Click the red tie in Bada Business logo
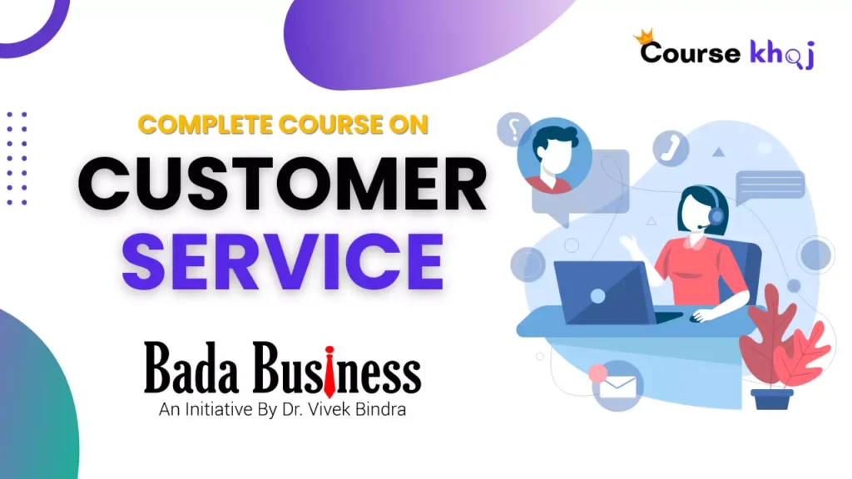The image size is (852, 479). pyautogui.click(x=329, y=371)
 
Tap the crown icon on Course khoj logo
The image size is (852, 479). pyautogui.click(x=643, y=37)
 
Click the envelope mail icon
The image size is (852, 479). pyautogui.click(x=617, y=385)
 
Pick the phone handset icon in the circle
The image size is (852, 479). pyautogui.click(x=671, y=148)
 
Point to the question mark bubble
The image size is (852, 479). pyautogui.click(x=517, y=130)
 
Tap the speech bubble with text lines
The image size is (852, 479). pyautogui.click(x=770, y=185)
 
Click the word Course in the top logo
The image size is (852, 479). pyautogui.click(x=690, y=52)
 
